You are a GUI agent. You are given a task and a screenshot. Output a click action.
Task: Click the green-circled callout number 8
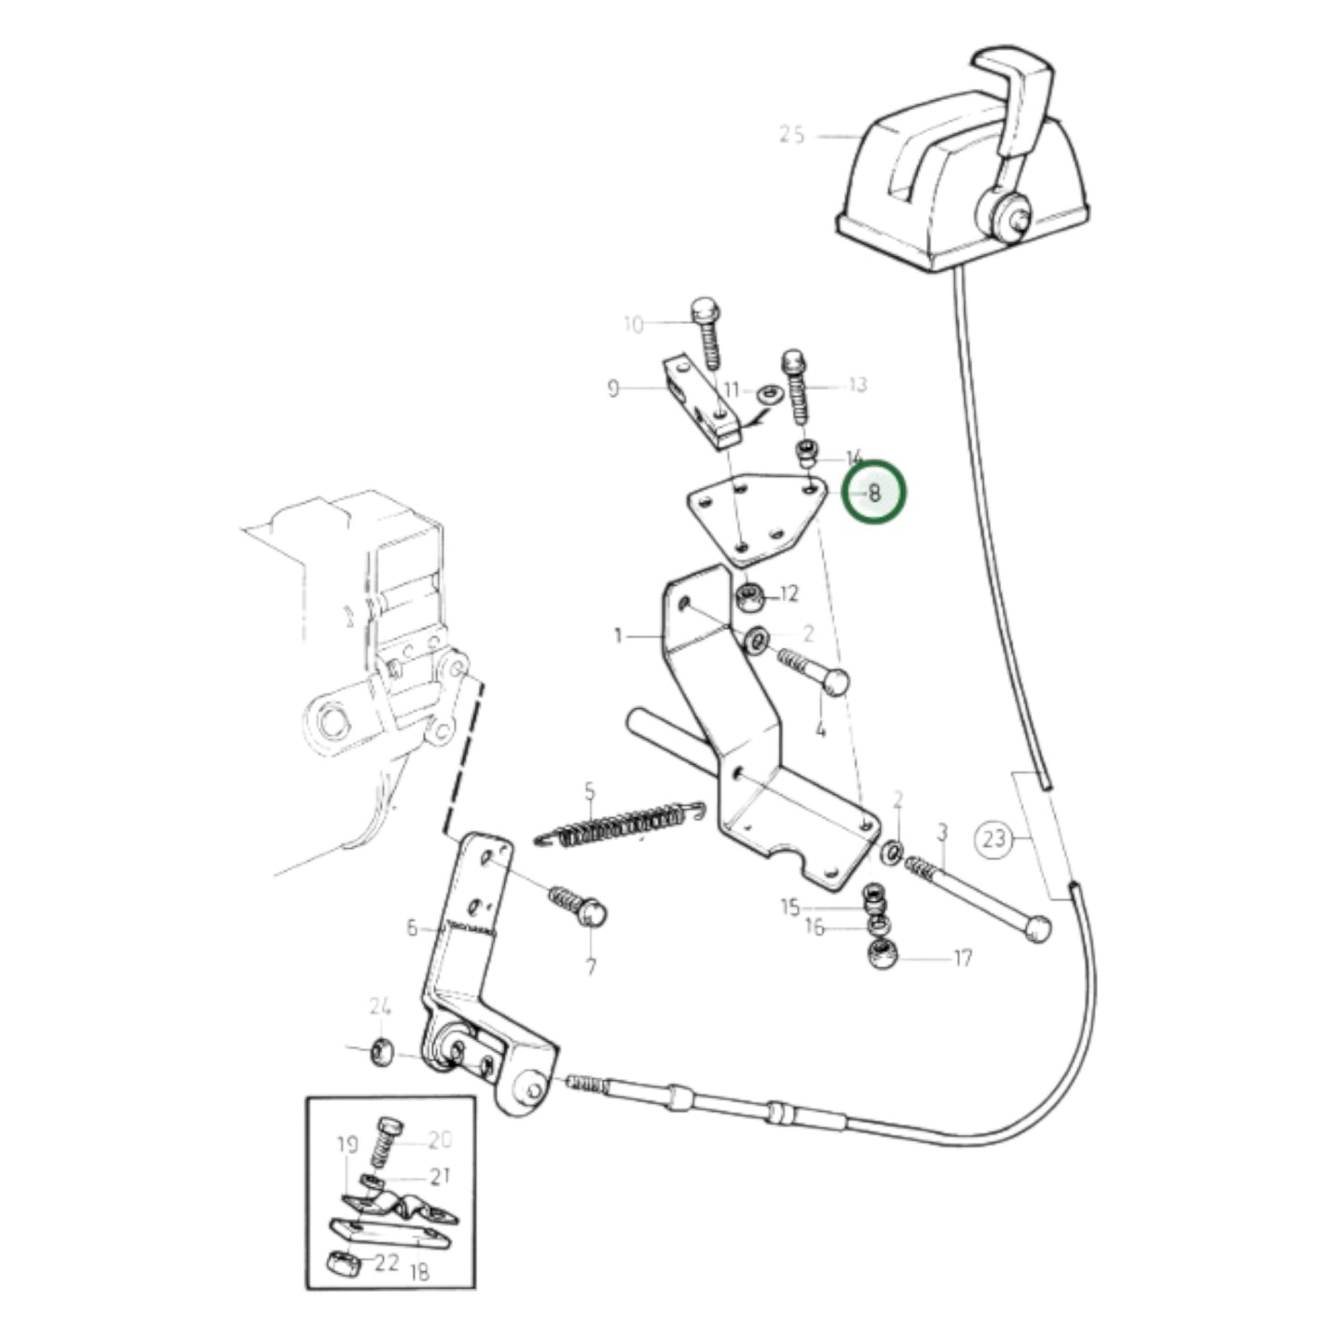(x=874, y=493)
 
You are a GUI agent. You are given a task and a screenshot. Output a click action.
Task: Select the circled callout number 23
(x=993, y=840)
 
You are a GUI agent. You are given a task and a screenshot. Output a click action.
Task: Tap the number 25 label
(x=791, y=135)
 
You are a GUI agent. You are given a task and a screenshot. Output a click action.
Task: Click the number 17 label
(x=962, y=958)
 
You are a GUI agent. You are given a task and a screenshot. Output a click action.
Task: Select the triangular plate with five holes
(x=749, y=516)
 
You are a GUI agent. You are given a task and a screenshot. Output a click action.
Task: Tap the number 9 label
(x=613, y=387)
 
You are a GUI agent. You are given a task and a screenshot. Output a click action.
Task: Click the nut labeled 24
(x=381, y=1051)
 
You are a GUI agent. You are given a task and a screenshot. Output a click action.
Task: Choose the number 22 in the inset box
(x=386, y=1263)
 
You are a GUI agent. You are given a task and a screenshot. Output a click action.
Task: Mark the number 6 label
(x=412, y=928)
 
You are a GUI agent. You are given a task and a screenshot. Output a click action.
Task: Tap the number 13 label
(x=858, y=384)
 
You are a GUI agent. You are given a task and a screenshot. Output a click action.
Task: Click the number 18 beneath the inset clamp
(x=419, y=1273)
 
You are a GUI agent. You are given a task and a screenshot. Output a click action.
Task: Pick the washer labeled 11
(x=765, y=395)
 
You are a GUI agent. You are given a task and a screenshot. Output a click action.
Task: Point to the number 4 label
(x=820, y=729)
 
